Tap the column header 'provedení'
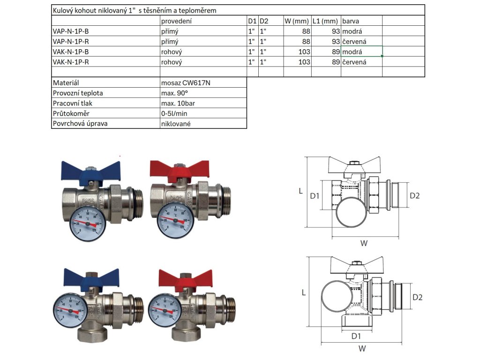[176, 21]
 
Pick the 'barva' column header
[351, 21]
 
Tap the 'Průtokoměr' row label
[71, 113]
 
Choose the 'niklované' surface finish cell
[176, 124]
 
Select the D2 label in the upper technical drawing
[415, 195]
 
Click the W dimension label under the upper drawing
[364, 243]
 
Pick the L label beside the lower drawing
[303, 292]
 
